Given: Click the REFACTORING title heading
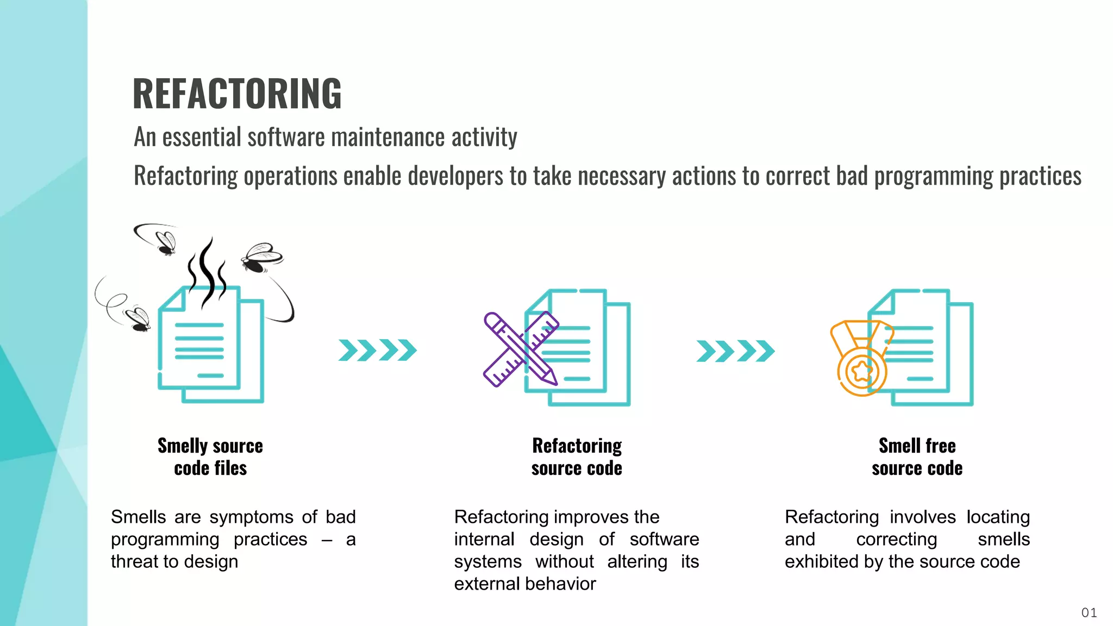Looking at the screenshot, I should click(237, 93).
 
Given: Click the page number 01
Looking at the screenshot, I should click(1089, 613).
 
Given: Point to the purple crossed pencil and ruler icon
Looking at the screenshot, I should click(520, 349).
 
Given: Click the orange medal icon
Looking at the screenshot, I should click(861, 359).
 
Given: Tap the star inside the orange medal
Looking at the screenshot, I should click(862, 372).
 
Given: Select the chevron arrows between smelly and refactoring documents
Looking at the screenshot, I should click(377, 350).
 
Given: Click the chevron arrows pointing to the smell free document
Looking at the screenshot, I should click(735, 350).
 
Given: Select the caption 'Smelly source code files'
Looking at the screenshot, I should click(210, 457).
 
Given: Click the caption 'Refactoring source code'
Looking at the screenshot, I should click(577, 457).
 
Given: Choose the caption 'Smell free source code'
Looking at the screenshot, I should click(917, 457).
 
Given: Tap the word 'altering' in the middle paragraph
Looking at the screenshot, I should click(637, 561).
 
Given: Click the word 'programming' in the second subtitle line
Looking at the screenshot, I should click(934, 176).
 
